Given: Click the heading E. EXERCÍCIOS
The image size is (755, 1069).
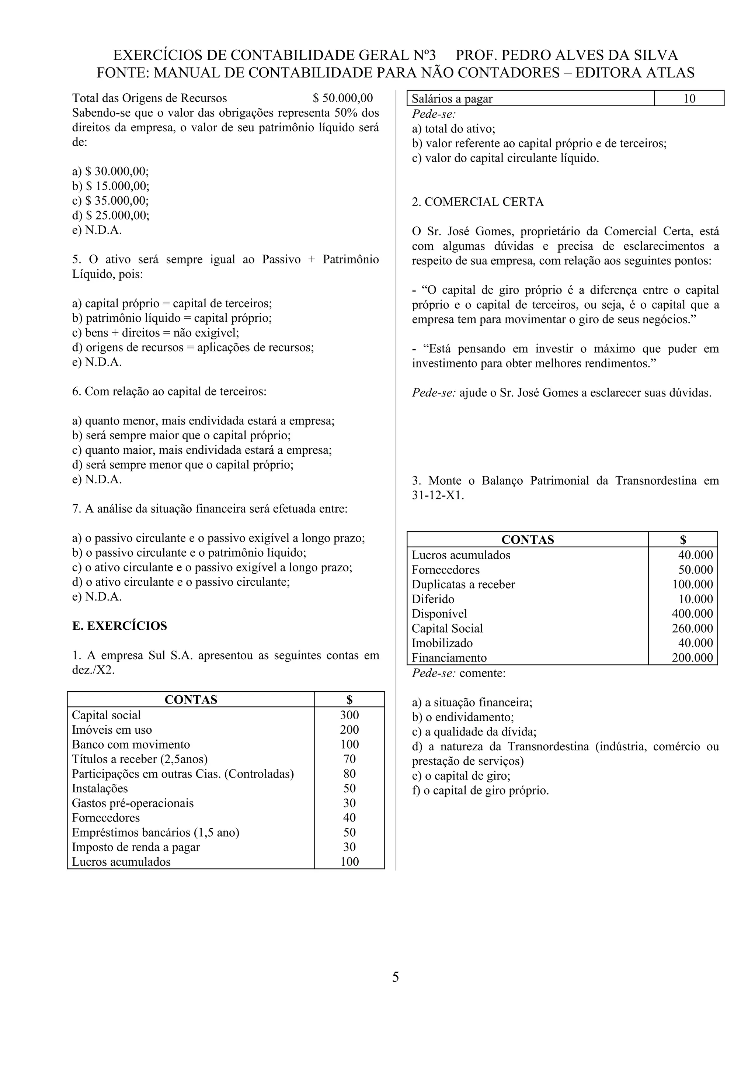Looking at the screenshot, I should coord(119,626).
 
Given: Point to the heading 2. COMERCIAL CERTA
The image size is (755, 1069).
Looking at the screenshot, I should coord(477,202).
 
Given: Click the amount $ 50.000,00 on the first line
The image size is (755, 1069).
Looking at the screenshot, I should coord(342,98).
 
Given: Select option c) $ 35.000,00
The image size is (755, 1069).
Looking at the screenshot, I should coord(110,201).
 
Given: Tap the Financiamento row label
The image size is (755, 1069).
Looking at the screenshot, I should coord(449,657).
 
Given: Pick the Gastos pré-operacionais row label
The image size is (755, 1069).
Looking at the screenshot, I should coord(133,803).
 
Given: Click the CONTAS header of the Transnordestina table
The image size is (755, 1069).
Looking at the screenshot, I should coord(528,540).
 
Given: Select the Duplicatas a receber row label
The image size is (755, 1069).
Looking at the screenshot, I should coord(463,584).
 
